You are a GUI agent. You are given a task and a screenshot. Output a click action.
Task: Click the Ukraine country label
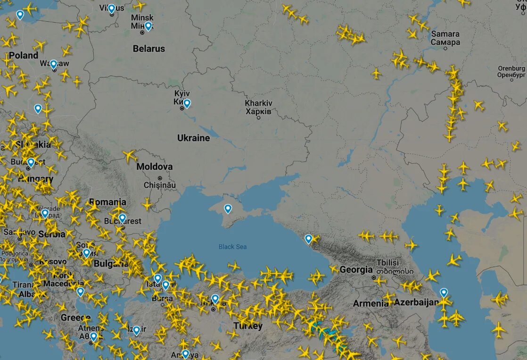click(193, 138)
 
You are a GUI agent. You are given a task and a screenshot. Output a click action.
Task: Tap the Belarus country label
click(149, 49)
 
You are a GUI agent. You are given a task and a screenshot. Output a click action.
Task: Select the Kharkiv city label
click(258, 107)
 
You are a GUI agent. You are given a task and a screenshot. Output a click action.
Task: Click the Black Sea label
click(232, 247)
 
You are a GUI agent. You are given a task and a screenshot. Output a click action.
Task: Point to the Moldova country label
click(154, 167)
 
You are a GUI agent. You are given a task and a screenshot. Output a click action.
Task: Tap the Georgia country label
click(356, 270)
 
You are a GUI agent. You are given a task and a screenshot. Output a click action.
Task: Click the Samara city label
click(445, 38)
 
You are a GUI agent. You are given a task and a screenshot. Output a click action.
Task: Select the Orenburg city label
click(511, 71)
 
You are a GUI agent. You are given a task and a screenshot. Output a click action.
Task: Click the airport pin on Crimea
click(228, 209)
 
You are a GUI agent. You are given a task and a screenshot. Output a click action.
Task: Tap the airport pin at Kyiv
click(187, 103)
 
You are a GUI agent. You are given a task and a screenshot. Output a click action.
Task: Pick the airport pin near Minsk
click(148, 26)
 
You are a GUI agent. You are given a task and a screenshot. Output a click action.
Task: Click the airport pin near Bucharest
click(122, 218)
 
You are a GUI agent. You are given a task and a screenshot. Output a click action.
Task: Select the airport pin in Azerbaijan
click(444, 293)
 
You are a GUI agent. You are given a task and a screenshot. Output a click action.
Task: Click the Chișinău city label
click(160, 185)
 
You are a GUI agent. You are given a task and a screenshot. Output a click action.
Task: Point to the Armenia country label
click(371, 303)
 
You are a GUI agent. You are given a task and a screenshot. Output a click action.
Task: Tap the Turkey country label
click(248, 326)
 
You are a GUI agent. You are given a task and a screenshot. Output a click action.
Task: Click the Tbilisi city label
click(387, 267)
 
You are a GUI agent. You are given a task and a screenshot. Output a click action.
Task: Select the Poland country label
click(24, 55)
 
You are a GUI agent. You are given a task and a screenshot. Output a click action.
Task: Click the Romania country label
click(107, 202)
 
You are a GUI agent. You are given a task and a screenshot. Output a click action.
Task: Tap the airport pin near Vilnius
click(111, 8)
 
